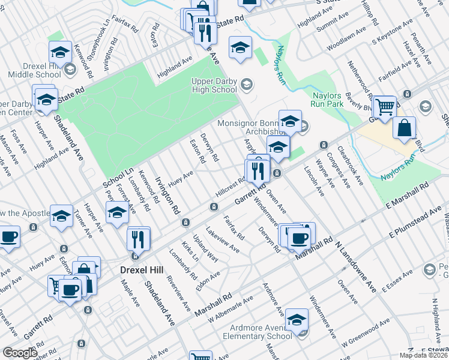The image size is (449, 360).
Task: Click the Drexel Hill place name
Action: (x=136, y=270)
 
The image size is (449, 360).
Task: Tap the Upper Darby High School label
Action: (x=214, y=86)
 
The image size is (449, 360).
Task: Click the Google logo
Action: (x=20, y=353)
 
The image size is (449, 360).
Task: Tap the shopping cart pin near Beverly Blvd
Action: (x=384, y=107)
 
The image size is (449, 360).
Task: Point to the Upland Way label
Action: (x=205, y=248)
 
